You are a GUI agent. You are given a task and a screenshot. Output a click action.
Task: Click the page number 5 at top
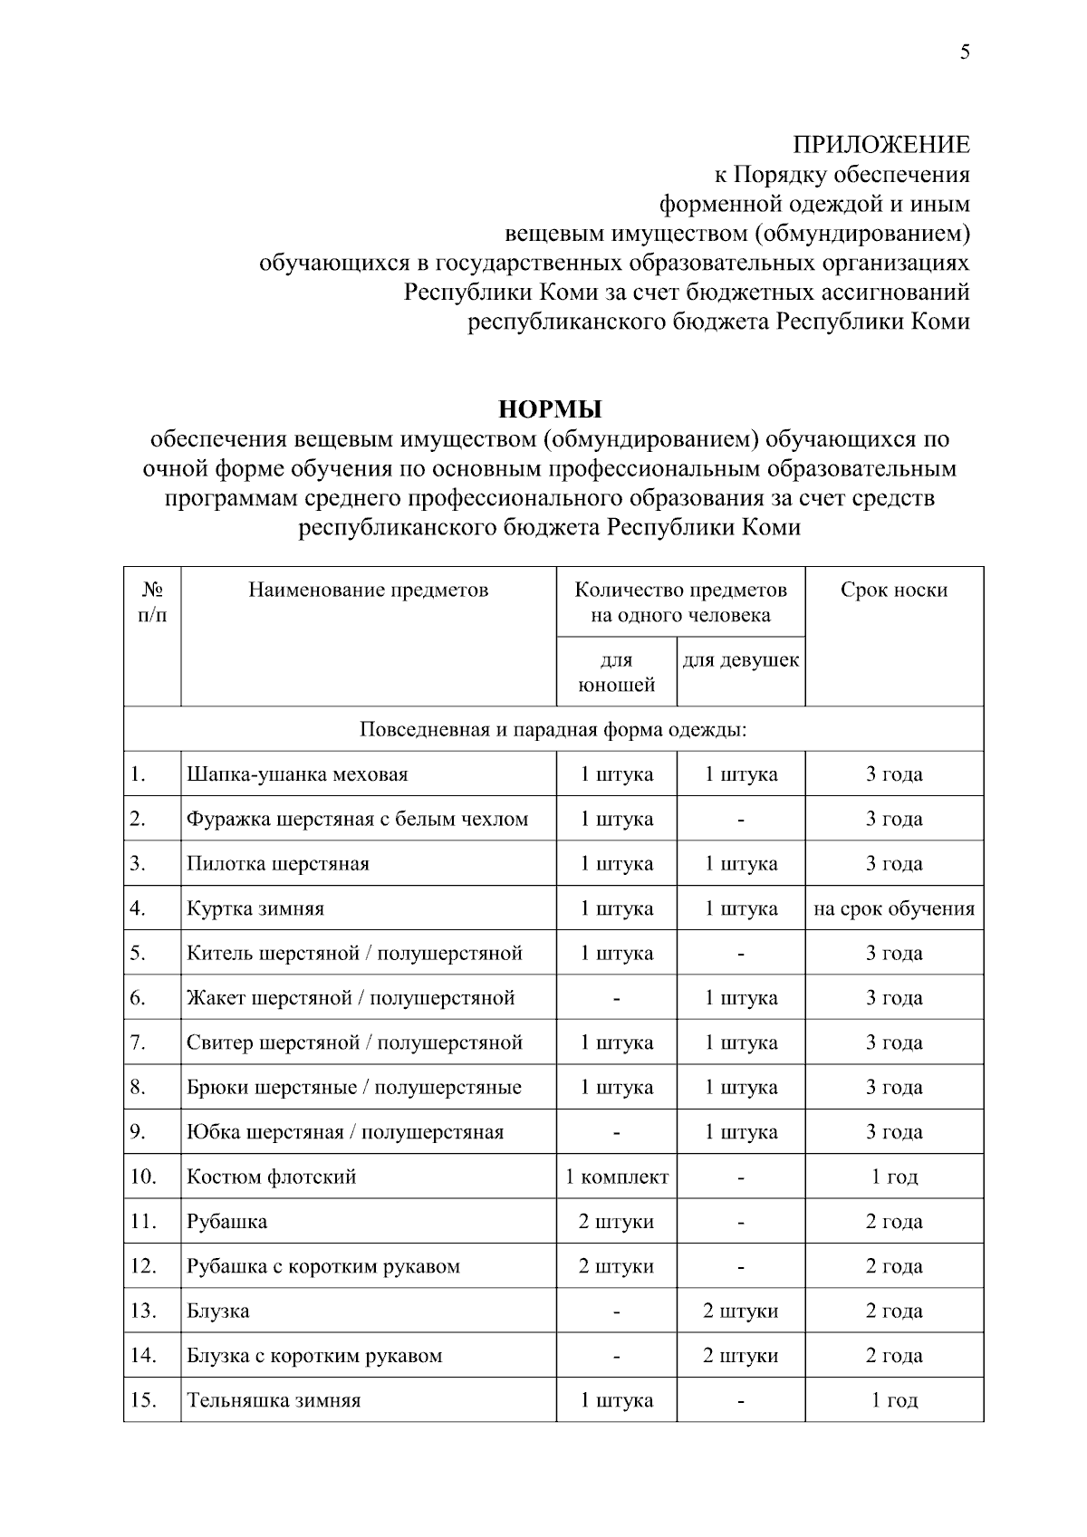click(x=965, y=53)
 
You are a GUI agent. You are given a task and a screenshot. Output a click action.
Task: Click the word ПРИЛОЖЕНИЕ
click(x=880, y=145)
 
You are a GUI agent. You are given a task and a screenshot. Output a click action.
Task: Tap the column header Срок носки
click(x=893, y=591)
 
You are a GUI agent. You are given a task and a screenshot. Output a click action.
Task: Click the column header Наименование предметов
click(x=369, y=591)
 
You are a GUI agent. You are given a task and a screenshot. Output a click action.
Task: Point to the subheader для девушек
click(x=740, y=660)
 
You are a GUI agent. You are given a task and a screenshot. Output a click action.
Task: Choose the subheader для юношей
click(x=616, y=672)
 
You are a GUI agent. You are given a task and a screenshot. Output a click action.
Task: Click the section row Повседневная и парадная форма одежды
click(x=553, y=730)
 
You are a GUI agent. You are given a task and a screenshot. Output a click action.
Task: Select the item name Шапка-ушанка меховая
click(x=297, y=774)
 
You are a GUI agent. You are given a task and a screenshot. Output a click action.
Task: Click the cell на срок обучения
click(x=893, y=908)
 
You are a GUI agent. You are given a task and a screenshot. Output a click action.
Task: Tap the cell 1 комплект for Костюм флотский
click(x=616, y=1177)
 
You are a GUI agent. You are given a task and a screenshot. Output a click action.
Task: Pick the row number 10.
click(x=143, y=1177)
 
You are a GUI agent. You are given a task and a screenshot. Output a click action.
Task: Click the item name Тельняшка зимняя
click(x=274, y=1400)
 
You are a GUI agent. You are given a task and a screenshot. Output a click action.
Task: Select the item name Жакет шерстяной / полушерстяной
click(x=351, y=998)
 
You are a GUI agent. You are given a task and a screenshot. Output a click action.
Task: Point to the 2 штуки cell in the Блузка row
click(x=740, y=1311)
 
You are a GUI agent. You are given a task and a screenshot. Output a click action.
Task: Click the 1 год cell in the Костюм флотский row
click(x=893, y=1177)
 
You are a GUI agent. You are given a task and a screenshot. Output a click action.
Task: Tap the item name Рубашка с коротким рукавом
click(x=323, y=1266)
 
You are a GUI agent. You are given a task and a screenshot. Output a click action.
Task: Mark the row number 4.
click(x=138, y=908)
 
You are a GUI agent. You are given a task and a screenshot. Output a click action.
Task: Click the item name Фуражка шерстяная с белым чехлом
click(x=357, y=819)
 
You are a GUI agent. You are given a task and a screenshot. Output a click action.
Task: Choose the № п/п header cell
click(x=152, y=602)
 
